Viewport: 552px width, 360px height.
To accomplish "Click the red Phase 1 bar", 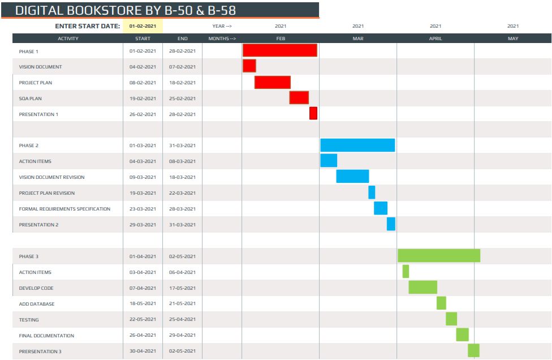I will point(279,50).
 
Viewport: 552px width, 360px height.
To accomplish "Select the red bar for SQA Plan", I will point(299,97).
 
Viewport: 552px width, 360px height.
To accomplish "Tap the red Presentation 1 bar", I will point(313,113).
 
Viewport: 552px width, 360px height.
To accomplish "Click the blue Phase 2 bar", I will point(357,145).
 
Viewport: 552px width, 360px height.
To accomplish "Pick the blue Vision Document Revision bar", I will point(352,176).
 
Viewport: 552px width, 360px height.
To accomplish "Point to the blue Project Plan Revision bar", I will point(372,192).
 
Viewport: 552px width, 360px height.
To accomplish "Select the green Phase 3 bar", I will point(439,255).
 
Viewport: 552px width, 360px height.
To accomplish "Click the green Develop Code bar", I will point(422,287).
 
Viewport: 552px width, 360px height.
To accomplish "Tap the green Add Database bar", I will point(441,303).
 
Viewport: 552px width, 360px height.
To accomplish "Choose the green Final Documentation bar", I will point(462,335).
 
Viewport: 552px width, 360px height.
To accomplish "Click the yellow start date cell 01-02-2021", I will point(143,26).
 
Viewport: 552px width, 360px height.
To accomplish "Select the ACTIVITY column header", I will point(68,38).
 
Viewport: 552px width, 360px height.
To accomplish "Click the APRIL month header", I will point(435,38).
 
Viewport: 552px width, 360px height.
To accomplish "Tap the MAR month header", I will point(358,38).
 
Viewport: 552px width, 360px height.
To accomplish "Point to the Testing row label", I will point(29,320).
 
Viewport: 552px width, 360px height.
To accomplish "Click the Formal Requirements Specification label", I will point(64,209).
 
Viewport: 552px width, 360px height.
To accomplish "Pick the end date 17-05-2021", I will point(182,288).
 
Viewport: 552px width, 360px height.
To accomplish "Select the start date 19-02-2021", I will point(143,98).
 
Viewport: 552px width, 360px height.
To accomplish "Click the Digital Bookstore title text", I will point(126,10).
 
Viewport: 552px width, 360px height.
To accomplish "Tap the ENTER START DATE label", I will point(87,26).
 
